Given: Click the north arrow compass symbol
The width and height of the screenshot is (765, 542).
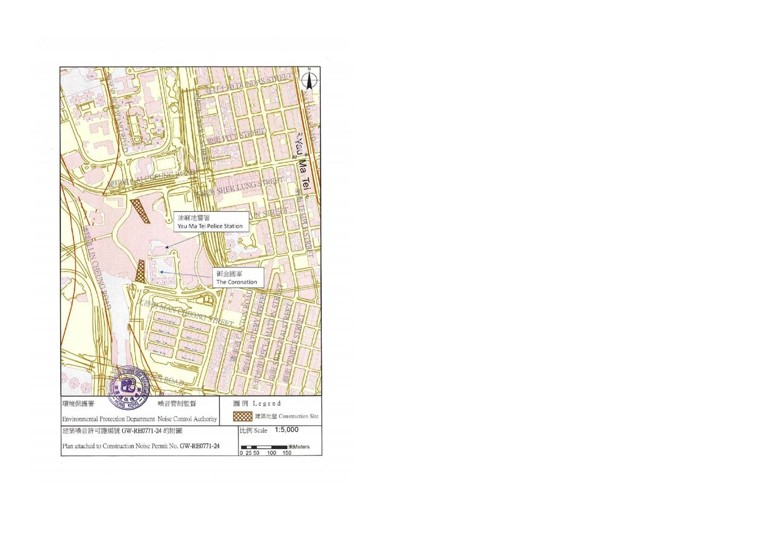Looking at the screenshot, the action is click(309, 80).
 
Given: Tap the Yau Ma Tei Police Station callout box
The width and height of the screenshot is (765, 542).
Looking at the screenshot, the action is click(210, 222).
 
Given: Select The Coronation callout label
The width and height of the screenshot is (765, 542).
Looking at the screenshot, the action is click(236, 278).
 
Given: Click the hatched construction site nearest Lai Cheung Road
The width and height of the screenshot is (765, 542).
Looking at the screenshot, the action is click(140, 211).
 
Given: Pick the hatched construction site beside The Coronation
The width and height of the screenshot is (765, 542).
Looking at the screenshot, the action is click(141, 271).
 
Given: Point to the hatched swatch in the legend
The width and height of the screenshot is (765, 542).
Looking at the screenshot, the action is click(243, 416).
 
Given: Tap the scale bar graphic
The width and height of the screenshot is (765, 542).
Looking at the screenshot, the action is click(265, 447).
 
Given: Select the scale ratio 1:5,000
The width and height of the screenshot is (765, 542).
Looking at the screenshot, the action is click(286, 430).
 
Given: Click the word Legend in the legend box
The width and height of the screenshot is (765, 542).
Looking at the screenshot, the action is click(267, 403).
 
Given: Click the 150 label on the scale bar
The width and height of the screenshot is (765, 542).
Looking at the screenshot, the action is click(287, 452).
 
